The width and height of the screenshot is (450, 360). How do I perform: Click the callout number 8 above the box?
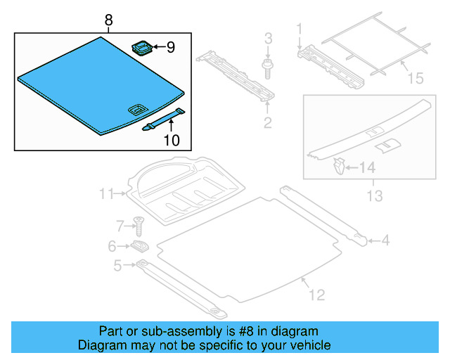pos(108,21)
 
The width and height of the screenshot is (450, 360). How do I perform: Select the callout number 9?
pos(171,48)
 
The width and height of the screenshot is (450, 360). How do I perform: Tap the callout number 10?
pos(172,140)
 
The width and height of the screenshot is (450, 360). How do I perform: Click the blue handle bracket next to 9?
pos(143,48)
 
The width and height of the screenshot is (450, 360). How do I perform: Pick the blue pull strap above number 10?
pos(163,120)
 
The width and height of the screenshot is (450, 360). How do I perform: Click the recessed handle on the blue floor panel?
pos(136,109)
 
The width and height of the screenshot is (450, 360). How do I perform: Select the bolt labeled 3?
pos(268,68)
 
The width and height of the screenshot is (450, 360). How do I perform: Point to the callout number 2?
pos(267,124)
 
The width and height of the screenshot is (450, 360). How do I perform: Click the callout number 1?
pos(299,29)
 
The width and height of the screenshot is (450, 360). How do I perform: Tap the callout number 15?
pos(416,77)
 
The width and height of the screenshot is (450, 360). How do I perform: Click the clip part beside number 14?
pos(338,167)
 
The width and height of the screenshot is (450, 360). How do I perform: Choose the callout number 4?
pos(385,241)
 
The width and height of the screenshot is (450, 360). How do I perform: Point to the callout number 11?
pos(106,193)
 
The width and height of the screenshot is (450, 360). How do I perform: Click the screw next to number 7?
pos(139,226)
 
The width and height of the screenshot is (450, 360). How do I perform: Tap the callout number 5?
pos(117,265)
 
